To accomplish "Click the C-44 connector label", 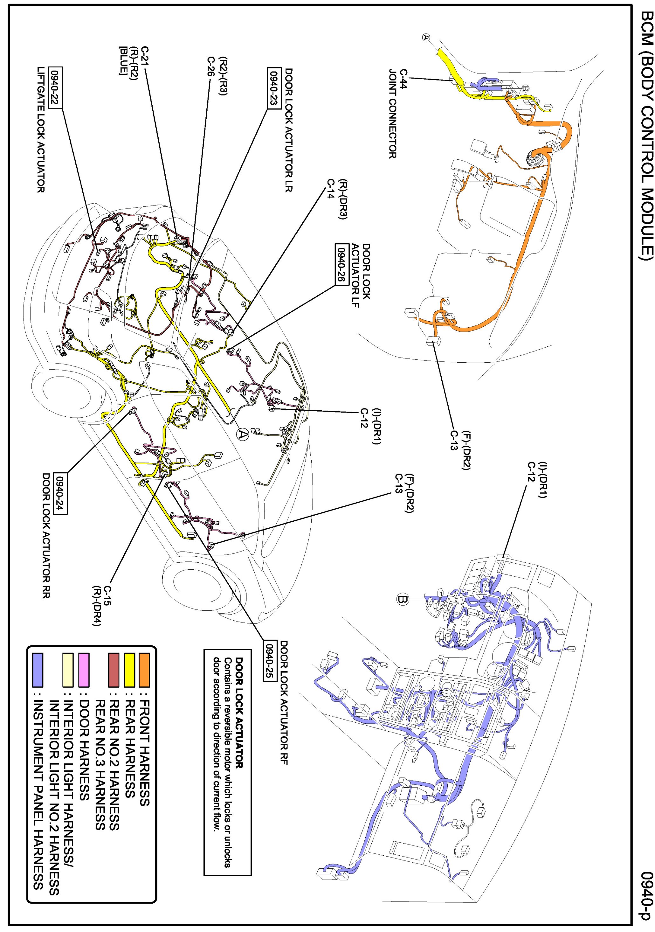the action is pos(404,78).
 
